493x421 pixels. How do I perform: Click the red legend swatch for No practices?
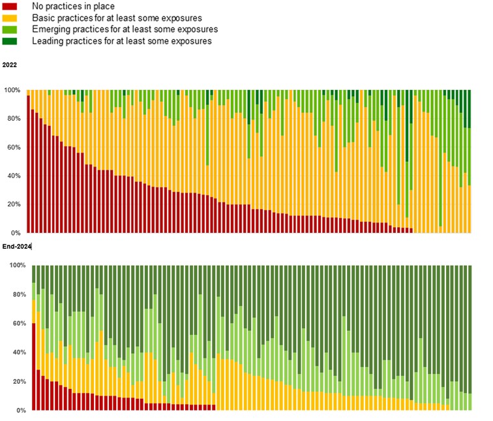[x=10, y=7]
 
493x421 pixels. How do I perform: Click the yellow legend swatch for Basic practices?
[x=10, y=18]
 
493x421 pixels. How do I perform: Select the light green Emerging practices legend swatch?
[x=10, y=30]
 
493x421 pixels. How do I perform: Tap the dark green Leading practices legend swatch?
[x=10, y=42]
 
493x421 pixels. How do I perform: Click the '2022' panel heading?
[x=10, y=65]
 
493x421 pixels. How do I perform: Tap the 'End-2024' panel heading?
[x=17, y=247]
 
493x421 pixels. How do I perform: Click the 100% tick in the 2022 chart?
[x=13, y=90]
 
